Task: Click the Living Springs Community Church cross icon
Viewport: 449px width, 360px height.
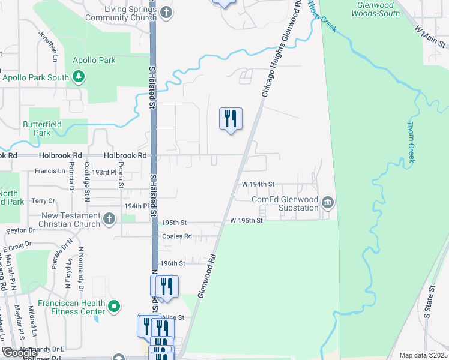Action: click(x=166, y=13)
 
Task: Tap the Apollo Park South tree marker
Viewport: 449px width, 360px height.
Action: click(x=78, y=77)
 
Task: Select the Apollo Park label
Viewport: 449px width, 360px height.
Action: click(x=94, y=60)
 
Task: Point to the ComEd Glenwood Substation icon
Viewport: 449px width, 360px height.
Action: click(x=327, y=201)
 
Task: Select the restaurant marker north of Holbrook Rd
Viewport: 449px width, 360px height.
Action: click(x=230, y=119)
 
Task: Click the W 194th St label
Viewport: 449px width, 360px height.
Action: click(x=258, y=184)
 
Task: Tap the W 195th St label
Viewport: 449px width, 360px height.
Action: click(x=247, y=221)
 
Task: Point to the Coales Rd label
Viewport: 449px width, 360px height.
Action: click(x=176, y=236)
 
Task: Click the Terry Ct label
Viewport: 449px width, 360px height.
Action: click(x=43, y=201)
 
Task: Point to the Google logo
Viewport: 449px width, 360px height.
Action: click(x=20, y=353)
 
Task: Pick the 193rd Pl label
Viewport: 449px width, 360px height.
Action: click(x=104, y=172)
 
